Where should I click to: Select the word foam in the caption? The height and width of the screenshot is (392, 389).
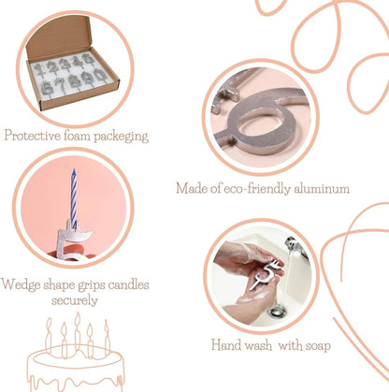[x=78, y=137]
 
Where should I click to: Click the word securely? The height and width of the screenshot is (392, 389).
[x=75, y=300]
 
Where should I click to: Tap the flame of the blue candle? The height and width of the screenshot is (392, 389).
[x=73, y=173]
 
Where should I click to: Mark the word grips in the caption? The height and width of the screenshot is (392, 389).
[x=94, y=283]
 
